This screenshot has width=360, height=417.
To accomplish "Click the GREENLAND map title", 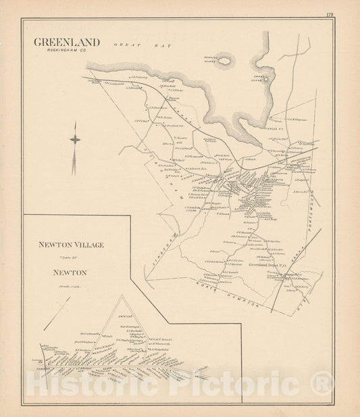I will pos(67,42).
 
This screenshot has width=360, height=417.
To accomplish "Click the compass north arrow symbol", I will pos(75,139).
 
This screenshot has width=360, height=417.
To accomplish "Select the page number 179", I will pos(329,14).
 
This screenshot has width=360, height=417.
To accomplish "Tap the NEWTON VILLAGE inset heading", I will pos(70,245).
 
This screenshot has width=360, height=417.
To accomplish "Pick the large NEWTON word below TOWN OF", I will pos(71,273).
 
